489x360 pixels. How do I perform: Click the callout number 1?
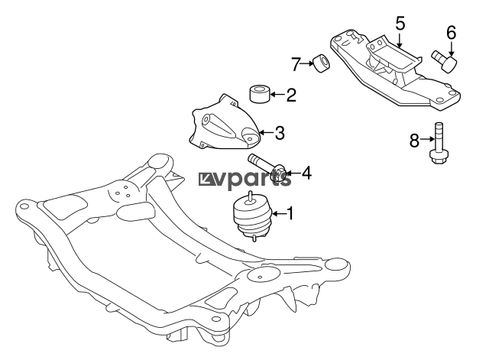click(x=290, y=213)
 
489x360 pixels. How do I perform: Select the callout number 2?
click(x=291, y=95)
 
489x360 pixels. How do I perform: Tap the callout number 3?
click(x=280, y=132)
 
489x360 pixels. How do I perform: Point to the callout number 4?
click(x=306, y=173)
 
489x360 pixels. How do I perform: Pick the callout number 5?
click(x=400, y=24)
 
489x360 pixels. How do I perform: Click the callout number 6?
click(x=451, y=32)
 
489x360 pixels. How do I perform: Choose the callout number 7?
click(x=296, y=64)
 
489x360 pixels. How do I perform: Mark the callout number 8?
click(x=414, y=140)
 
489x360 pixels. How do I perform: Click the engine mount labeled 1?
click(x=252, y=217)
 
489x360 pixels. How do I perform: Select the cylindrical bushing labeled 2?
click(x=260, y=93)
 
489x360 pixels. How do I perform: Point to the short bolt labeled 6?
click(x=445, y=61)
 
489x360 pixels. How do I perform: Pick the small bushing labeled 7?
click(x=321, y=63)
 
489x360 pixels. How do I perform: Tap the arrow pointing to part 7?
click(x=307, y=63)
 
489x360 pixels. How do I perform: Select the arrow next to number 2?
click(x=277, y=94)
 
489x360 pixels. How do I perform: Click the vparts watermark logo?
click(x=245, y=180)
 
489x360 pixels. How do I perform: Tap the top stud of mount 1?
click(x=250, y=196)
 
